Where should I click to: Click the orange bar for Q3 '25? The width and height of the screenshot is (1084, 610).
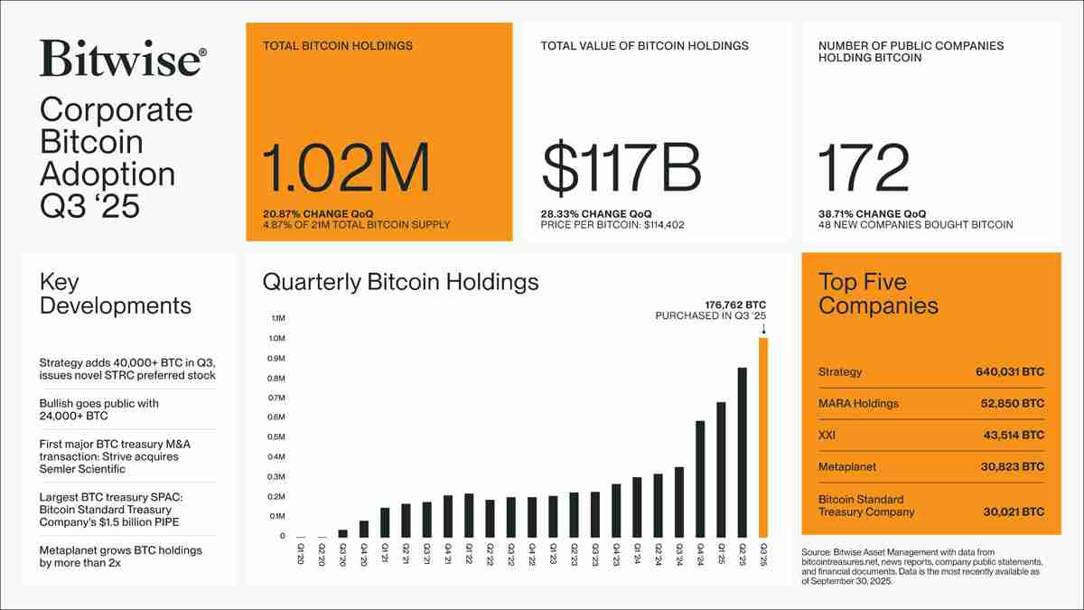click(x=763, y=438)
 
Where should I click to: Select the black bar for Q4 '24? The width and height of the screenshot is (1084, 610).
click(x=700, y=479)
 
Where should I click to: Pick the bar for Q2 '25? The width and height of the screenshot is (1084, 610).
click(x=742, y=453)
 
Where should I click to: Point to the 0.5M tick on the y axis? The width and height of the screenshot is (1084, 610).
click(x=277, y=437)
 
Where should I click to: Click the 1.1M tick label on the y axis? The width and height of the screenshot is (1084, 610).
click(x=277, y=319)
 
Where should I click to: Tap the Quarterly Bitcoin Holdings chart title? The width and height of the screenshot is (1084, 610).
click(x=400, y=282)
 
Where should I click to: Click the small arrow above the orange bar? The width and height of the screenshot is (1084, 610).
click(x=764, y=329)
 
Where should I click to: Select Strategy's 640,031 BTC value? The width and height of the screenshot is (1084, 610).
click(x=1009, y=372)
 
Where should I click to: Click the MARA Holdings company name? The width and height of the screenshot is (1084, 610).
click(x=858, y=404)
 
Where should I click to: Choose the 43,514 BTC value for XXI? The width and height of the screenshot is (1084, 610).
click(x=1014, y=436)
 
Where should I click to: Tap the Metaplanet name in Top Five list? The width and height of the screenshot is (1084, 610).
click(x=847, y=467)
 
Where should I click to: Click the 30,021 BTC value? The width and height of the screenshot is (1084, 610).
click(x=1014, y=511)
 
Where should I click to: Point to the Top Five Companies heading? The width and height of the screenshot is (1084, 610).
click(x=877, y=294)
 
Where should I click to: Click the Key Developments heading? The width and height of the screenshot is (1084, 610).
click(x=115, y=294)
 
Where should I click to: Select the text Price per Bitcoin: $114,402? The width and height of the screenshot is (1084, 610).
click(x=612, y=224)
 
